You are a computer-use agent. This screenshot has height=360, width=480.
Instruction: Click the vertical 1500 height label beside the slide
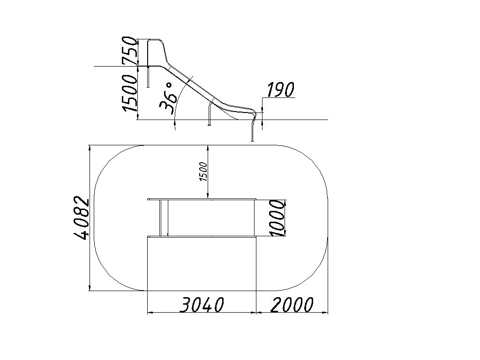point(130,93)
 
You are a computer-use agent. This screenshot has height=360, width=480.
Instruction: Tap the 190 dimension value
point(280,90)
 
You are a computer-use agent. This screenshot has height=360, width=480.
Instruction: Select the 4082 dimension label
point(82,217)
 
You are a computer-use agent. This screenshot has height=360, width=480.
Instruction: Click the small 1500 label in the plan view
point(203,172)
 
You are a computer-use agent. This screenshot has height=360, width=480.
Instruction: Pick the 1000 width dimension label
point(277,217)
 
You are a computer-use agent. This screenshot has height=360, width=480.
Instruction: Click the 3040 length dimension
point(202,305)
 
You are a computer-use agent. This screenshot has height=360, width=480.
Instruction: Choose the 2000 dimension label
point(292,305)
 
